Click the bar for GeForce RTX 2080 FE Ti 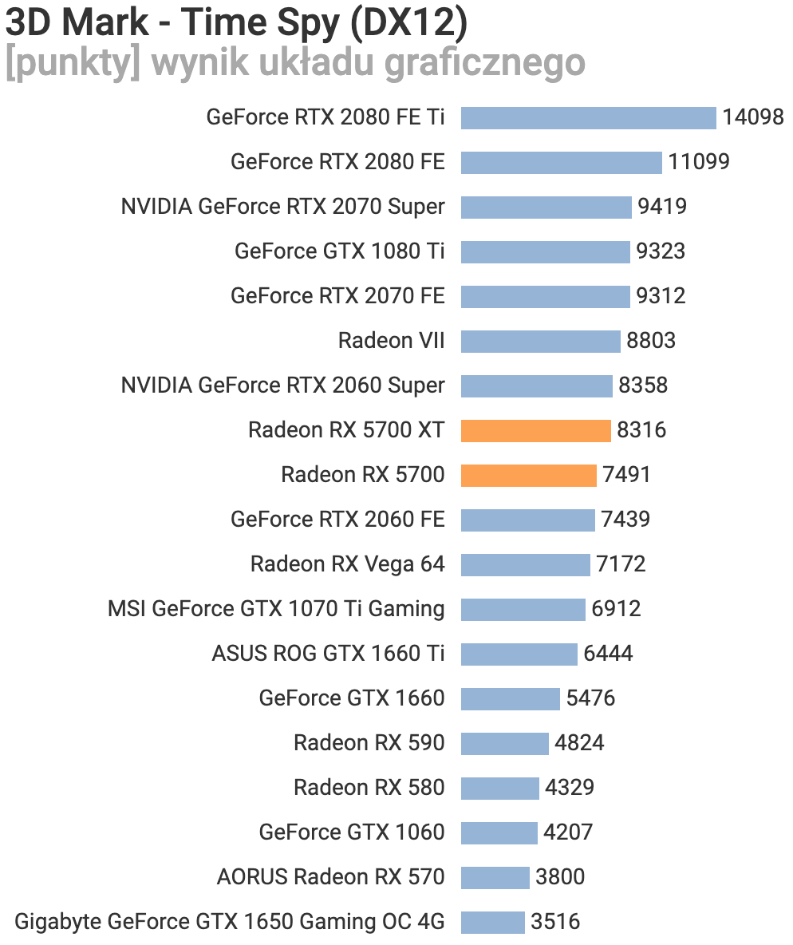[x=588, y=117]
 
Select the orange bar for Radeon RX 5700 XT [x=535, y=430]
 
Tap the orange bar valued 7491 [x=528, y=475]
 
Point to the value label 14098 [x=753, y=117]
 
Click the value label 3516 [x=555, y=922]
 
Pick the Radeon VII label [x=391, y=341]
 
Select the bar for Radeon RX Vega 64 [x=525, y=564]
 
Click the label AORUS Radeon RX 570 [x=330, y=877]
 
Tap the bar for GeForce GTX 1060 [x=499, y=832]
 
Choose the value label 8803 [x=651, y=341]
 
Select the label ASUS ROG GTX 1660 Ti [x=328, y=654]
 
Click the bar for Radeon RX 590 [x=504, y=743]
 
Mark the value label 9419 [x=662, y=207]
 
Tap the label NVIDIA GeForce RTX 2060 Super [x=282, y=386]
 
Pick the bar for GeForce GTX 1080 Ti [x=545, y=251]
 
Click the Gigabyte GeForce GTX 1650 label [x=230, y=922]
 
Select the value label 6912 [x=616, y=609]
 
